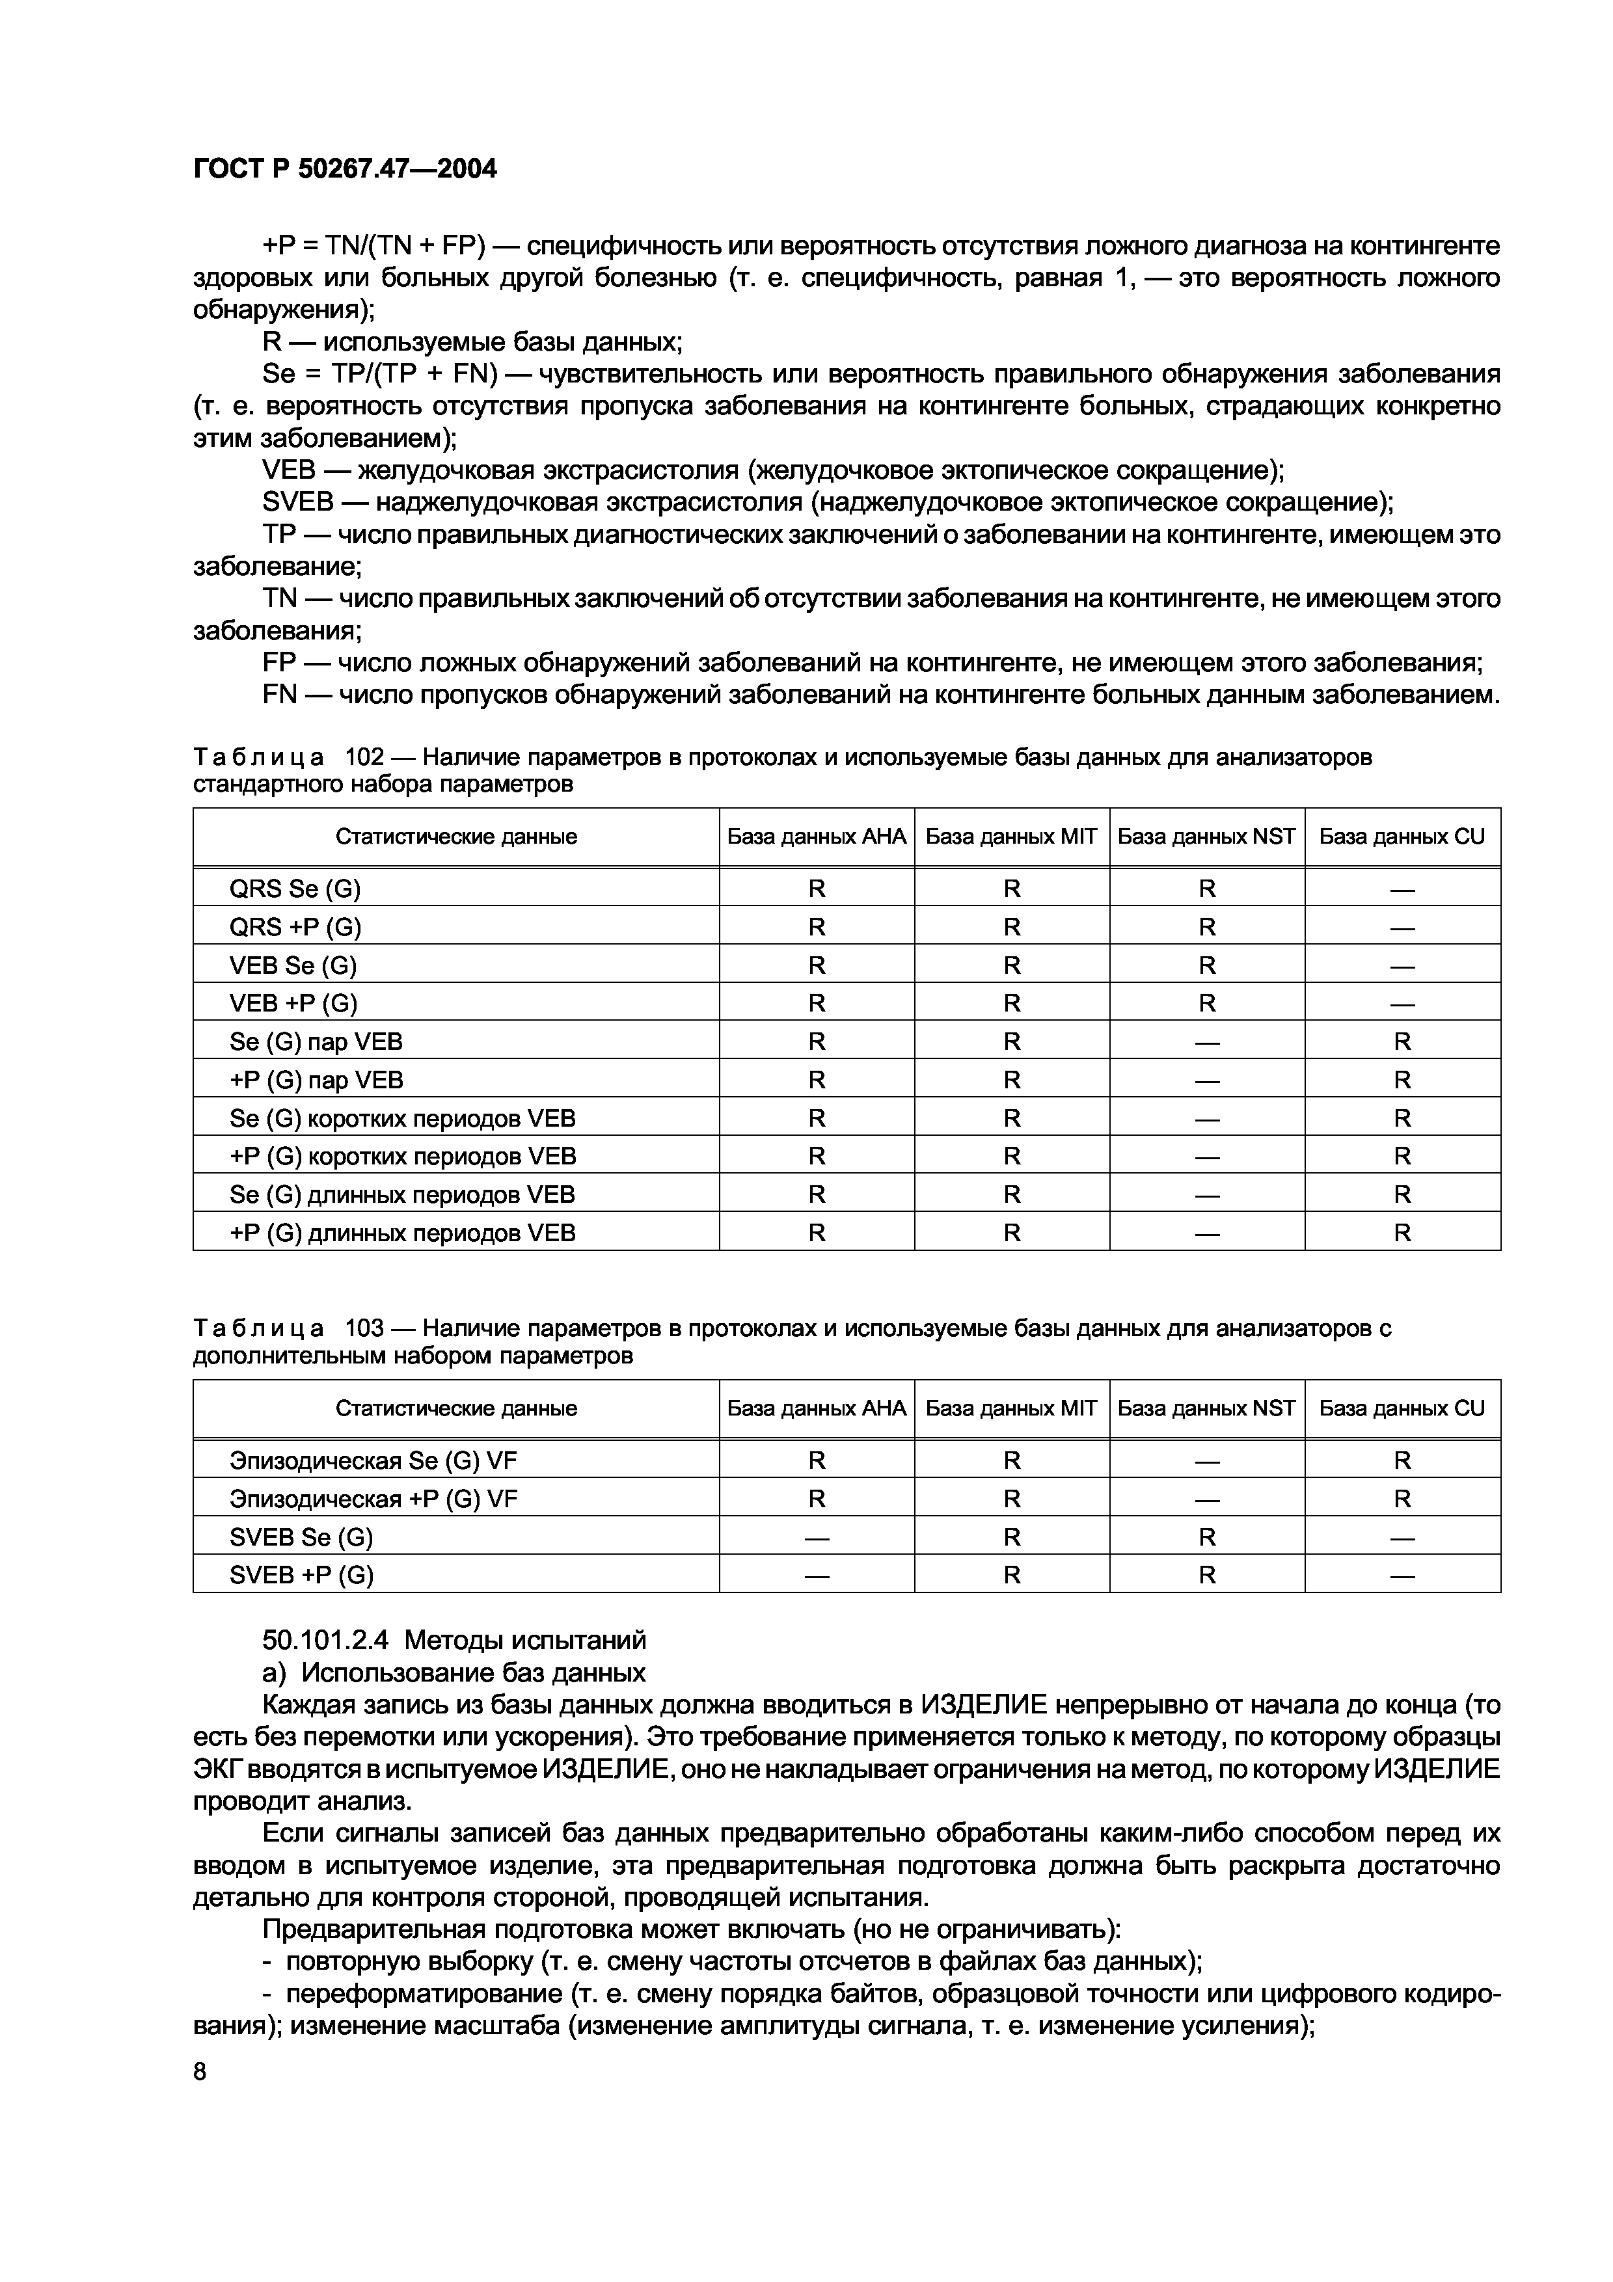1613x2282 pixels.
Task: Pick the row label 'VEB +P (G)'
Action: coord(293,1003)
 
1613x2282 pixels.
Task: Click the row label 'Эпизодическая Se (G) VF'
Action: coord(373,1460)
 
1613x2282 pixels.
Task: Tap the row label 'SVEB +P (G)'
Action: coord(301,1574)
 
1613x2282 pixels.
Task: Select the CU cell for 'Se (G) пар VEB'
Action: coord(1402,1041)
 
